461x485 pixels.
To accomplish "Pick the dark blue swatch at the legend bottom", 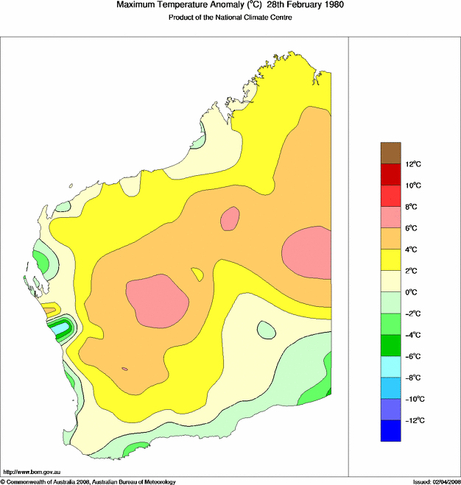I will (391, 431).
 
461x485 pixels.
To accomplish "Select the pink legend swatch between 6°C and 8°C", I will (391, 217).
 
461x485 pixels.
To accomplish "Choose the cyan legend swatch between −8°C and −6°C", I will (391, 367).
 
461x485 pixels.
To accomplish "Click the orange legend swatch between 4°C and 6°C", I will (391, 238).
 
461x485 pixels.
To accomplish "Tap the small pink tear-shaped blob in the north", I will (230, 219).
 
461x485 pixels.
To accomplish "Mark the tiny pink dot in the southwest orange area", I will (124, 369).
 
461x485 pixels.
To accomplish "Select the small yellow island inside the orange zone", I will (197, 275).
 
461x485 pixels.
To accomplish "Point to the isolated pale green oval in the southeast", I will (266, 330).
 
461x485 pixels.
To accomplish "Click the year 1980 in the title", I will (328, 5).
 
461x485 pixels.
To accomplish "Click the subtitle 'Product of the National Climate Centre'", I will (230, 18).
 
